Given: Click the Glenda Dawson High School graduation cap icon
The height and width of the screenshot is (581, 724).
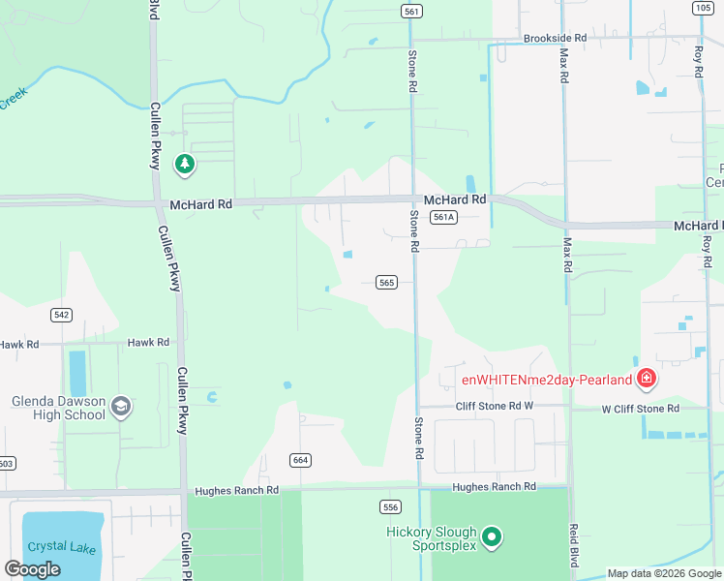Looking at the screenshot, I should [121, 406].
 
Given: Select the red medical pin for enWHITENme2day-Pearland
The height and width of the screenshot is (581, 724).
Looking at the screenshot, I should [647, 380].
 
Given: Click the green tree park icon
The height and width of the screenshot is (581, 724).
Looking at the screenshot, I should [185, 165].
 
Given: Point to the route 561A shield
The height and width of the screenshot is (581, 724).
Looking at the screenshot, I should [443, 217].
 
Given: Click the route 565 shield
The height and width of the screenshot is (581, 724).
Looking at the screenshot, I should [386, 282].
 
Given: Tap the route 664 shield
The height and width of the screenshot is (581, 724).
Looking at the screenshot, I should [300, 458].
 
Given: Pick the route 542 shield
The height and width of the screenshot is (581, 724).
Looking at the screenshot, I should [61, 315].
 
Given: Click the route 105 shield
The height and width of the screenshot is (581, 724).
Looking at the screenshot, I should [702, 8].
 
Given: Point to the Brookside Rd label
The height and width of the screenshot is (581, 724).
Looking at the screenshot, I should [556, 38].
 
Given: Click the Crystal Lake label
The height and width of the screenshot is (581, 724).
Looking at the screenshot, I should [60, 546].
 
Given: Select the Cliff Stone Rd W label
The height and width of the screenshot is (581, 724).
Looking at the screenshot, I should [495, 406].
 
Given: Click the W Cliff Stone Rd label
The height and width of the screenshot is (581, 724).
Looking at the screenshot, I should [641, 409].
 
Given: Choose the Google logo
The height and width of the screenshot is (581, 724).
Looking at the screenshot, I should [32, 569].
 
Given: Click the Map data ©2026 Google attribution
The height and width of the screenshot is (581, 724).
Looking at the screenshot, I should [665, 573].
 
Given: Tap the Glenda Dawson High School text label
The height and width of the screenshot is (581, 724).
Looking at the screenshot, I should [58, 408].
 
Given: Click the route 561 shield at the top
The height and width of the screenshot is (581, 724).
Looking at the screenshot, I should [412, 11].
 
